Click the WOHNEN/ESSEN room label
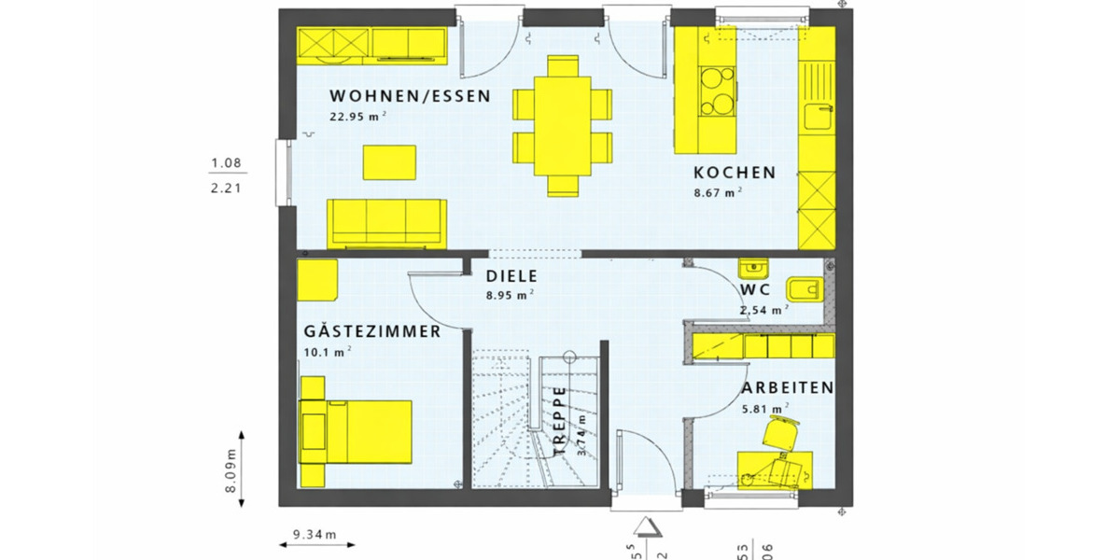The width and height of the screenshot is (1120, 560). tap(410, 96)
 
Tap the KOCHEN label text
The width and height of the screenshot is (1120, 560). tap(734, 173)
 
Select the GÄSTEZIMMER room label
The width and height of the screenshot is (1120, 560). tap(372, 331)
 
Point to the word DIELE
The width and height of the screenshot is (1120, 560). tap(511, 276)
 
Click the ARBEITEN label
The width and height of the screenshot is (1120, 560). tap(788, 387)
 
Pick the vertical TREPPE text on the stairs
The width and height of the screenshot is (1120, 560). tap(559, 421)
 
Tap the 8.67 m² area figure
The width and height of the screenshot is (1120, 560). tap(717, 193)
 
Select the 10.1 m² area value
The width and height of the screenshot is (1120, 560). tap(327, 352)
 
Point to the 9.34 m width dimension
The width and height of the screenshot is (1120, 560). tap(314, 535)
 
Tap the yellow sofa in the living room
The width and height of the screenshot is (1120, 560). tap(385, 221)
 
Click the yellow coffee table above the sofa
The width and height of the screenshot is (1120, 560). tap(389, 161)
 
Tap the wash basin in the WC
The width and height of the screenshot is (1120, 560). tap(751, 269)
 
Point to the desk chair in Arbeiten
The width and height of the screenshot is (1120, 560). tap(781, 434)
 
